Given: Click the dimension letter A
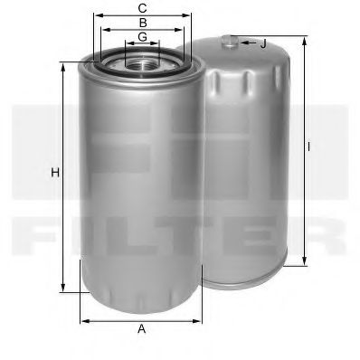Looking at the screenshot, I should (x=142, y=329).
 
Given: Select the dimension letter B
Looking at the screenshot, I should (x=142, y=22).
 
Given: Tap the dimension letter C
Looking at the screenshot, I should (x=142, y=7).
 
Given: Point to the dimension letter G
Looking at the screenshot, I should (x=142, y=37).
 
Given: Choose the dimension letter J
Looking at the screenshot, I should (x=263, y=43).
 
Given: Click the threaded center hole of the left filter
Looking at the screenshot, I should (x=142, y=63).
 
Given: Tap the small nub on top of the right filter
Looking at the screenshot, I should (x=232, y=40).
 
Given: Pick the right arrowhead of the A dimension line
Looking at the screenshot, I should (x=198, y=319).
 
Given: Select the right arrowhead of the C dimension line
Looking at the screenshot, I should (x=191, y=15).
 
